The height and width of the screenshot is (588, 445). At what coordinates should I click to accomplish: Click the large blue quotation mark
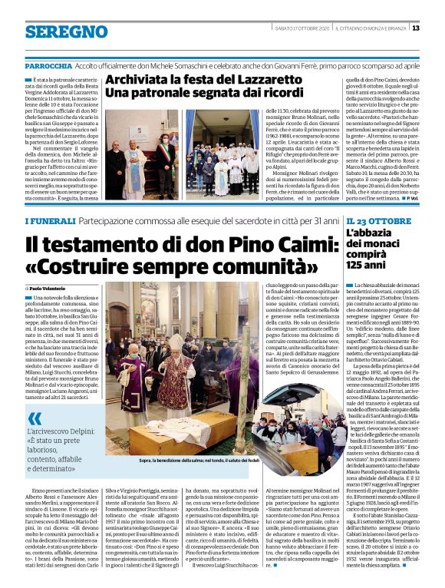click(35, 418)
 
